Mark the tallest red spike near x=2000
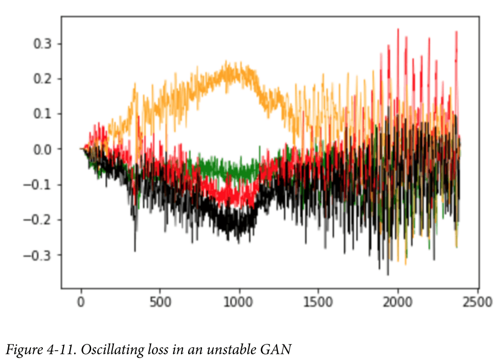pos(398,29)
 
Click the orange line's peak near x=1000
pos(227,62)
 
